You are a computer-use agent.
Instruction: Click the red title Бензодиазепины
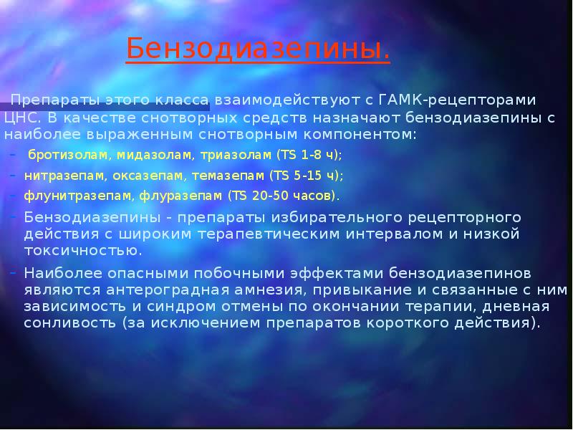click(x=259, y=49)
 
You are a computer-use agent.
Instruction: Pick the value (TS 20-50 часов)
click(x=283, y=195)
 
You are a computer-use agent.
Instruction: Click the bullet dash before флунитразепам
click(x=14, y=195)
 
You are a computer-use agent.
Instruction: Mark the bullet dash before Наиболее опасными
click(x=14, y=273)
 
